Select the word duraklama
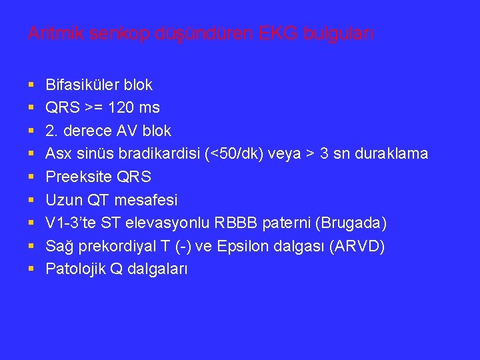pyautogui.click(x=393, y=154)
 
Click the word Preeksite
pyautogui.click(x=75, y=177)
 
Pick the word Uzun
pyautogui.click(x=61, y=200)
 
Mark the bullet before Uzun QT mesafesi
pyautogui.click(x=31, y=201)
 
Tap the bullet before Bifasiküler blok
pyautogui.click(x=31, y=85)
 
